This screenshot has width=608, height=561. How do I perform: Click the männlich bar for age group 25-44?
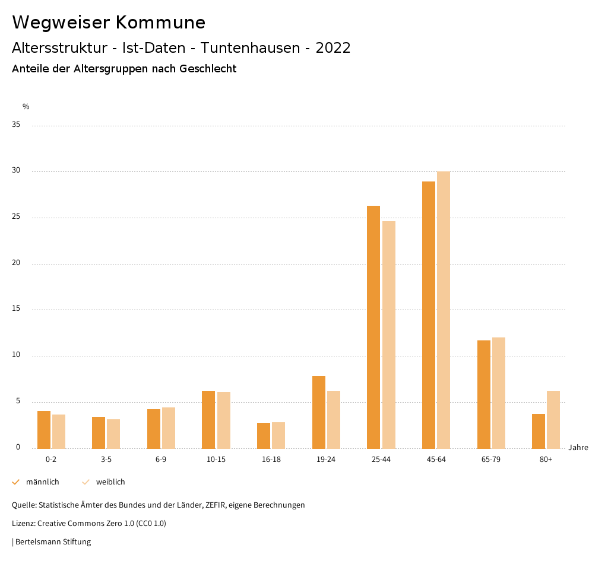pyautogui.click(x=373, y=327)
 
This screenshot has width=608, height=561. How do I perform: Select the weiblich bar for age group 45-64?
pyautogui.click(x=444, y=310)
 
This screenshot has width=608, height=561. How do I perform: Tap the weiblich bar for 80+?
pyautogui.click(x=553, y=419)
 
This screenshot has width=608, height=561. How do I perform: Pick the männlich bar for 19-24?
pyautogui.click(x=319, y=412)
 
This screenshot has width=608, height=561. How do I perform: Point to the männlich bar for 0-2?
pyautogui.click(x=44, y=429)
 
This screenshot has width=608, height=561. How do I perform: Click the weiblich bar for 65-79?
pyautogui.click(x=499, y=393)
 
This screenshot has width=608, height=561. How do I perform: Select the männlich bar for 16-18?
pyautogui.click(x=264, y=435)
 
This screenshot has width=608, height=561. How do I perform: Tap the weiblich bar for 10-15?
pyautogui.click(x=224, y=420)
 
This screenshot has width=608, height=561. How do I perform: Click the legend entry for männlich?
pyautogui.click(x=42, y=482)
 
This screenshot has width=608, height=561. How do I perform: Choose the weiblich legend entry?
pyautogui.click(x=110, y=482)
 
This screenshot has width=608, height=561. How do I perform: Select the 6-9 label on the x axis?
pyautogui.click(x=161, y=460)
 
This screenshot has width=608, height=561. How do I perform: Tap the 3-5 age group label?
pyautogui.click(x=106, y=460)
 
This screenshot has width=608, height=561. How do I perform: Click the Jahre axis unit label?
pyautogui.click(x=578, y=448)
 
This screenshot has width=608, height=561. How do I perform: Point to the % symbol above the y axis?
pyautogui.click(x=26, y=107)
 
